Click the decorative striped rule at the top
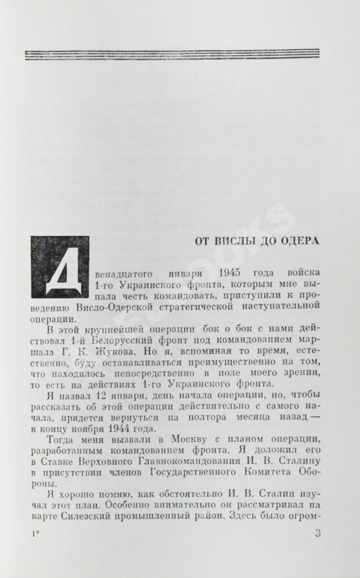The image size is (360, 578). click(x=180, y=54)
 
